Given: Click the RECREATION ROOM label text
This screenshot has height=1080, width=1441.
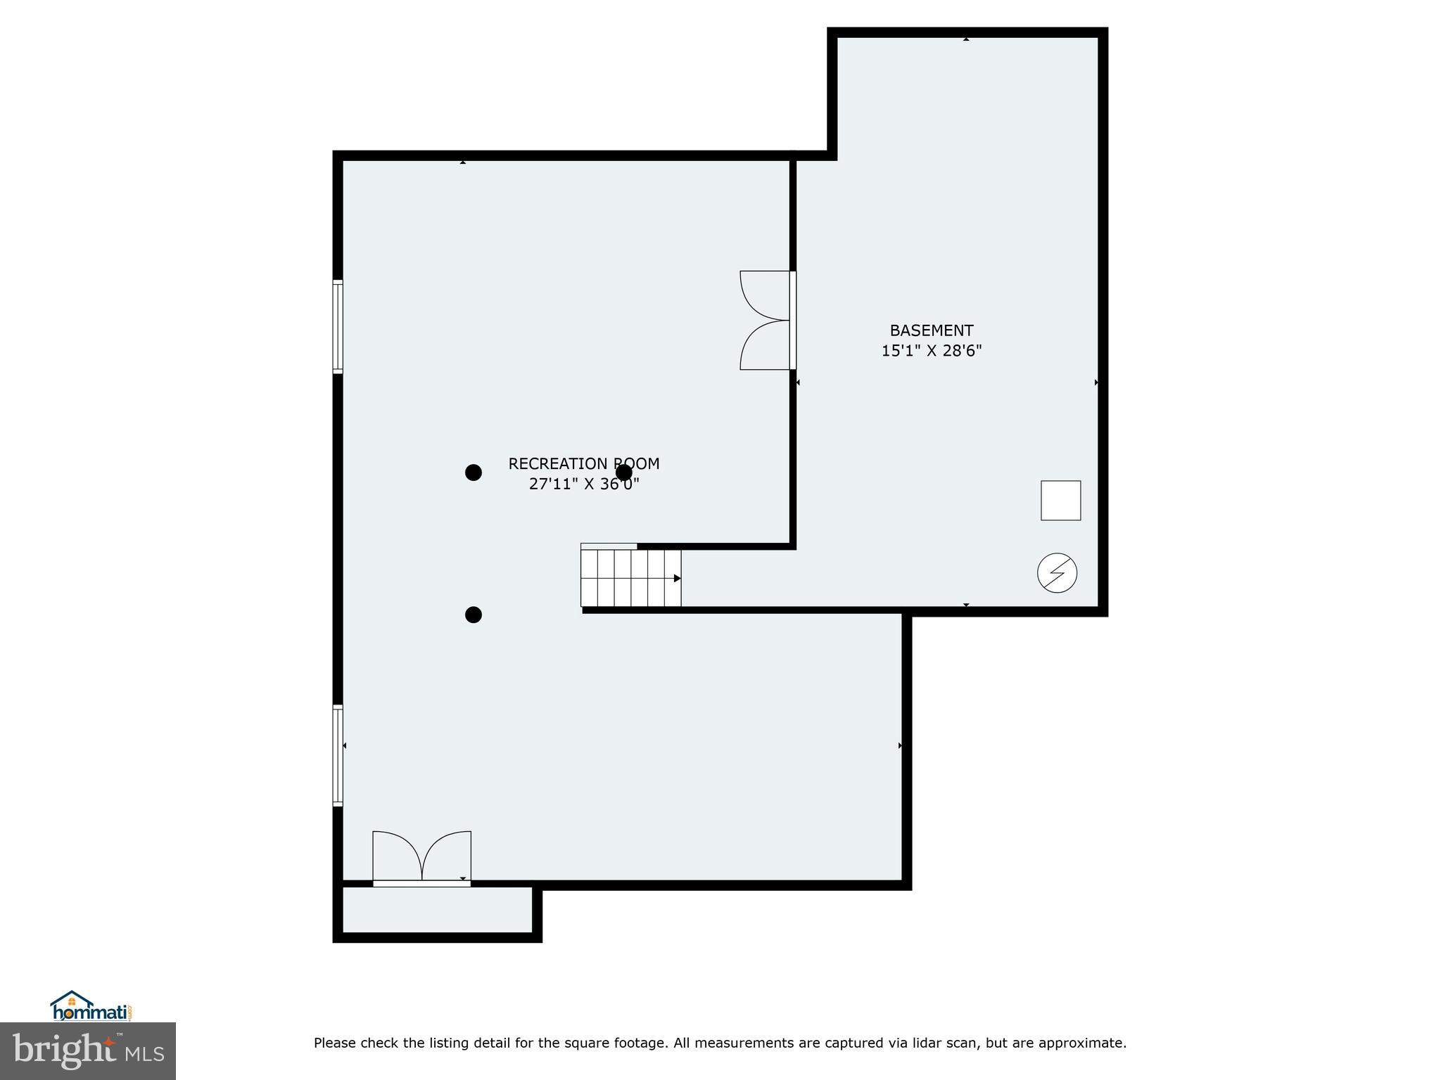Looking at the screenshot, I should (x=583, y=463).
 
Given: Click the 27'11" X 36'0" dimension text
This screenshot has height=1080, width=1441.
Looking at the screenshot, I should (x=583, y=484).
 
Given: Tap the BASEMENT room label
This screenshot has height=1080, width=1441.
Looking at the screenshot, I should (x=931, y=330).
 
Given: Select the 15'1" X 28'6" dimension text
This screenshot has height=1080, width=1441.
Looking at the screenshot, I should (x=931, y=350).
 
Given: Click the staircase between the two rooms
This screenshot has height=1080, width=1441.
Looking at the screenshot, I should (x=630, y=578).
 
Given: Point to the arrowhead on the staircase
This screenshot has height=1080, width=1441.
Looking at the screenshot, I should (x=677, y=578).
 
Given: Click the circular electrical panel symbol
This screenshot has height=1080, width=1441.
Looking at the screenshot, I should (x=1057, y=572).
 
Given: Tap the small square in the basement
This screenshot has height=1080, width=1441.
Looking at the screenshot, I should (x=1060, y=501).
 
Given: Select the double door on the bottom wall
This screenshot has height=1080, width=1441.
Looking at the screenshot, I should (x=421, y=858).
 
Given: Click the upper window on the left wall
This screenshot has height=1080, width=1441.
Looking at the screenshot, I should (x=338, y=326).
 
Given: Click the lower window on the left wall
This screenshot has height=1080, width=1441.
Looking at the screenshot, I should (x=338, y=755).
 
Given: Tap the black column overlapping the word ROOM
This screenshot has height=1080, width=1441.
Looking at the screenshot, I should (x=623, y=472).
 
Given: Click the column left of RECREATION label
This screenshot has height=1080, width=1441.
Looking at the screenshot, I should (x=474, y=472).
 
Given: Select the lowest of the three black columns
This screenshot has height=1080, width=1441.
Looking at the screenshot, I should (x=474, y=615).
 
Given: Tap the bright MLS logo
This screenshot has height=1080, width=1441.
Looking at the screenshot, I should (x=88, y=1050).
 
